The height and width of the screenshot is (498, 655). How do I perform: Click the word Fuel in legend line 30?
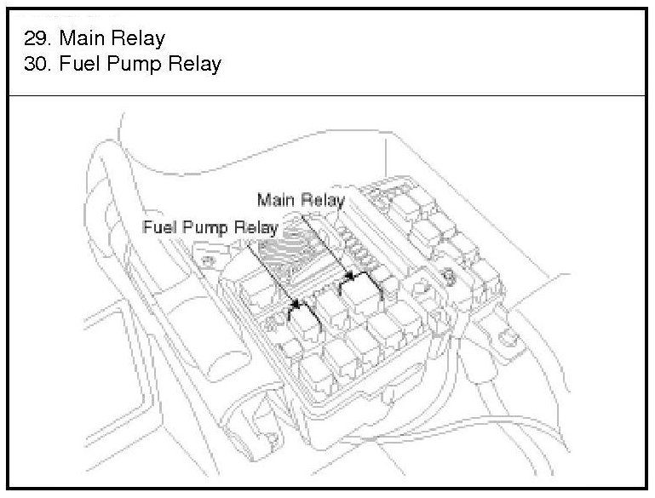pos(81,64)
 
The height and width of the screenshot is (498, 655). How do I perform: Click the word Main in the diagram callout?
pos(273,201)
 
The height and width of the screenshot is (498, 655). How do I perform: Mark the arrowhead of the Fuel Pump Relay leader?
pos(296,304)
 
